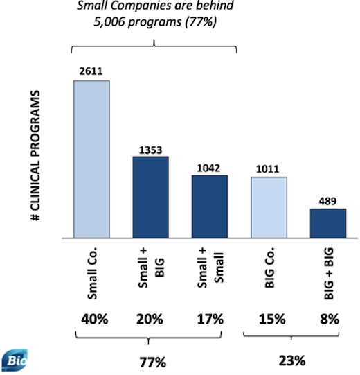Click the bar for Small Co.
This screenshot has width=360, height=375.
[x=91, y=159]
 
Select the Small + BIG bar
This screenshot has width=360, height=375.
[x=150, y=198]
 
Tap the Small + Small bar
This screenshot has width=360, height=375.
[x=210, y=207]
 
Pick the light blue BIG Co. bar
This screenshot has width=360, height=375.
[x=269, y=208]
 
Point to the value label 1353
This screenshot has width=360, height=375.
[x=150, y=149]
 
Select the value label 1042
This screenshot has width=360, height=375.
[x=210, y=168]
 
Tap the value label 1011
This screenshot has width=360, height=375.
[x=269, y=169]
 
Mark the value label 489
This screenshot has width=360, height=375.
[x=327, y=201]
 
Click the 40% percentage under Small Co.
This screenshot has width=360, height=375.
[x=91, y=320]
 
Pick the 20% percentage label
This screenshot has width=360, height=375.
[x=150, y=320]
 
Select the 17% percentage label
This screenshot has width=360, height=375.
[x=210, y=320]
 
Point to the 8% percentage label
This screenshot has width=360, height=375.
[x=327, y=320]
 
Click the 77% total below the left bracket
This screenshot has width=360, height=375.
[x=152, y=362]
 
